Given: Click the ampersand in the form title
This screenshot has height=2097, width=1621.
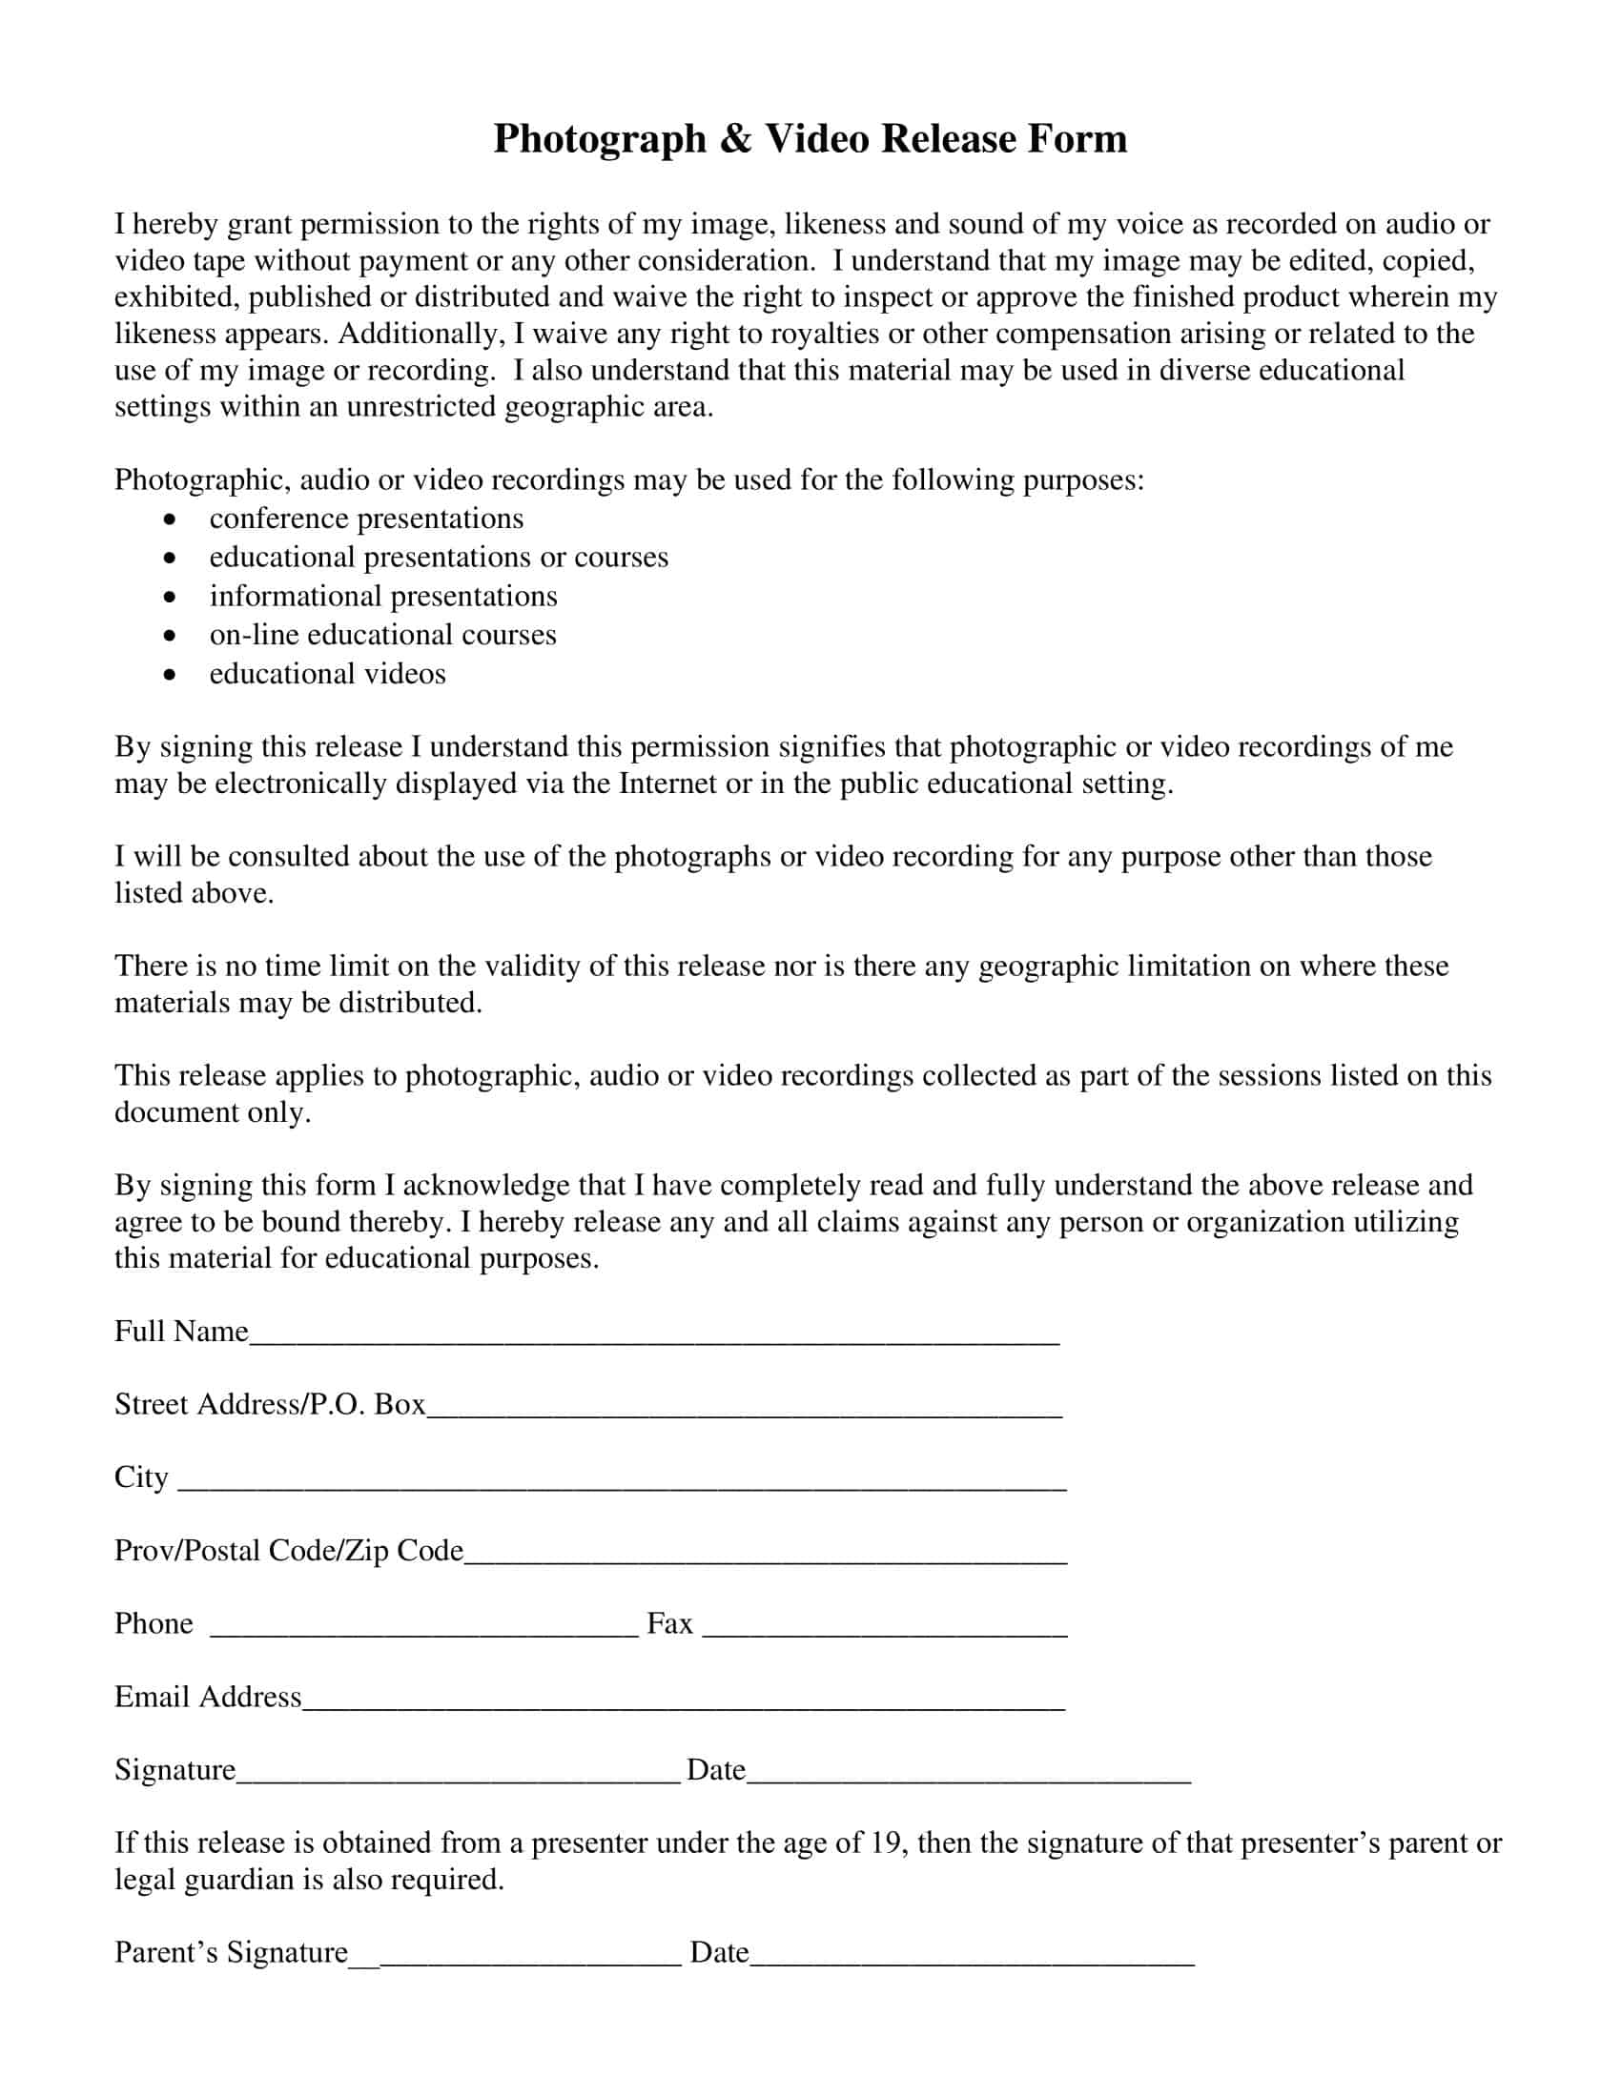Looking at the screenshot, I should [734, 139].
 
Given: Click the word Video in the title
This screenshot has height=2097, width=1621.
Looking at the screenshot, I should [817, 139].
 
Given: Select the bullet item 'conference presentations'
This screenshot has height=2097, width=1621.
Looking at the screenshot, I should [366, 519].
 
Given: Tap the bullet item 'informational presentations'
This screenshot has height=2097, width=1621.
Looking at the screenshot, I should [383, 597].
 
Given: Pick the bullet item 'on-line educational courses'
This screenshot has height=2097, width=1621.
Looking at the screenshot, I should [382, 635].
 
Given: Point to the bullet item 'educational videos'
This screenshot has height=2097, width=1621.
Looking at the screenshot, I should [327, 674].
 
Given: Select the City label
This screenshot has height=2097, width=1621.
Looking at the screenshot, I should [141, 1476].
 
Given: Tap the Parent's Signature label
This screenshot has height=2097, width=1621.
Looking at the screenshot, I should [231, 1952].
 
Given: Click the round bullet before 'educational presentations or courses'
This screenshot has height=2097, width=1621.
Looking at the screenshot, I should [170, 558].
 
